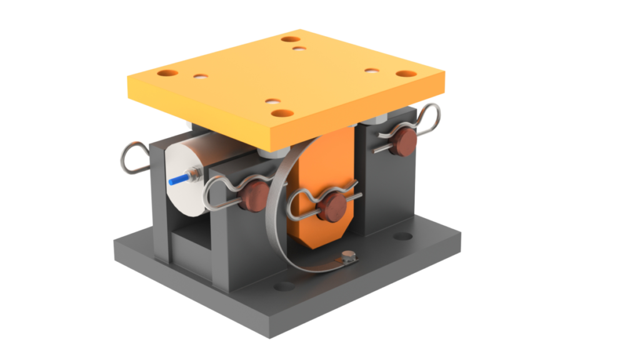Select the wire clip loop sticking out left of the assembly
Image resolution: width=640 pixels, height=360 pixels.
tap(133, 159)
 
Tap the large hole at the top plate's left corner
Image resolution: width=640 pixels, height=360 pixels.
tap(167, 73)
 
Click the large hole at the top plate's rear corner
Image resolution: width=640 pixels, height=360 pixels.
tap(291, 39)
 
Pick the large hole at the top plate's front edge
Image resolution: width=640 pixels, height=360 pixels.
tap(282, 114)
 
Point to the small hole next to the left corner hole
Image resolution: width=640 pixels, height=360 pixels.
tap(201, 77)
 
